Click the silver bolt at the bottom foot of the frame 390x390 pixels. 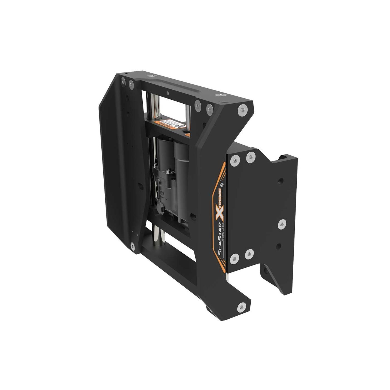242,307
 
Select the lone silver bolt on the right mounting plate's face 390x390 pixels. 282,224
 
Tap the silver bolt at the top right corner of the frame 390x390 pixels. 242,110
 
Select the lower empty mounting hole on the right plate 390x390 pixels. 278,246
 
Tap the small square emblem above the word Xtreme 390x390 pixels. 222,184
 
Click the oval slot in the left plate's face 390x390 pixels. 139,185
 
